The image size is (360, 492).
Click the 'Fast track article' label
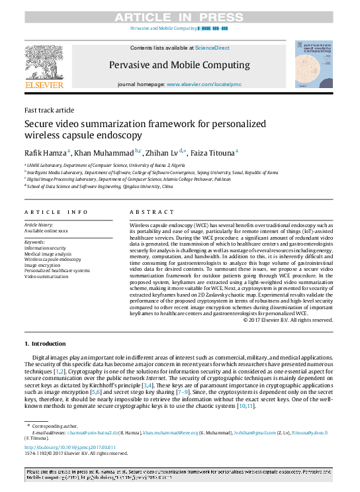(49, 110)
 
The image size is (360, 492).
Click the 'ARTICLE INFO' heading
(56, 212)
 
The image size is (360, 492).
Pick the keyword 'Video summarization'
(48, 275)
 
